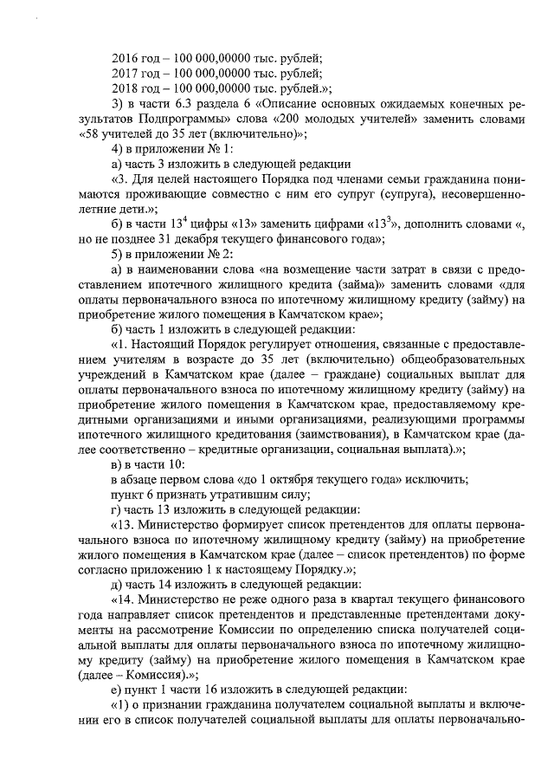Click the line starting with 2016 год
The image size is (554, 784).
tap(216, 57)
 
